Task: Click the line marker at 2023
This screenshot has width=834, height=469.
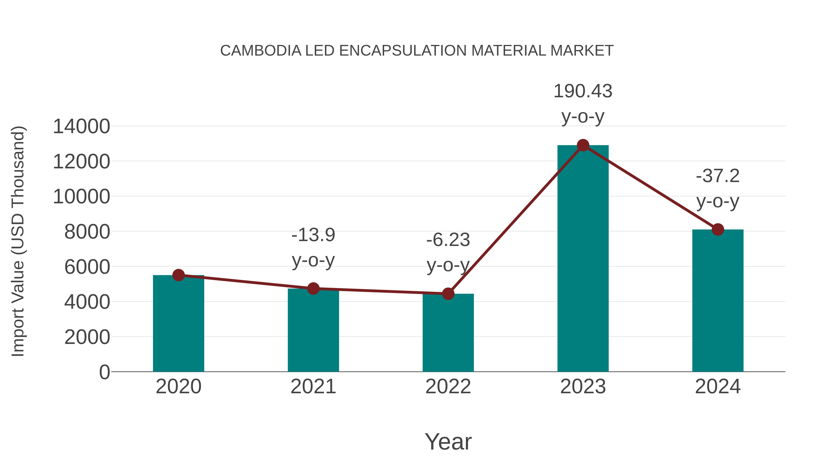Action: [x=583, y=145]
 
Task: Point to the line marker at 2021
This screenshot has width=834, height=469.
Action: [x=313, y=288]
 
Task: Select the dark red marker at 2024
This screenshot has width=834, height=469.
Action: [x=718, y=230]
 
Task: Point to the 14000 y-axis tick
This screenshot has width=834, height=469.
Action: [x=81, y=126]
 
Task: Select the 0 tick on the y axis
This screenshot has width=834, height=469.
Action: [x=104, y=372]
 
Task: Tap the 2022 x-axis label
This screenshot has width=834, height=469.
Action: [x=448, y=387]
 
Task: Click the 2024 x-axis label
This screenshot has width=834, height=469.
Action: [x=718, y=387]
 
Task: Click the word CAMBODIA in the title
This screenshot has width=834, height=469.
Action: [x=261, y=51]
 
